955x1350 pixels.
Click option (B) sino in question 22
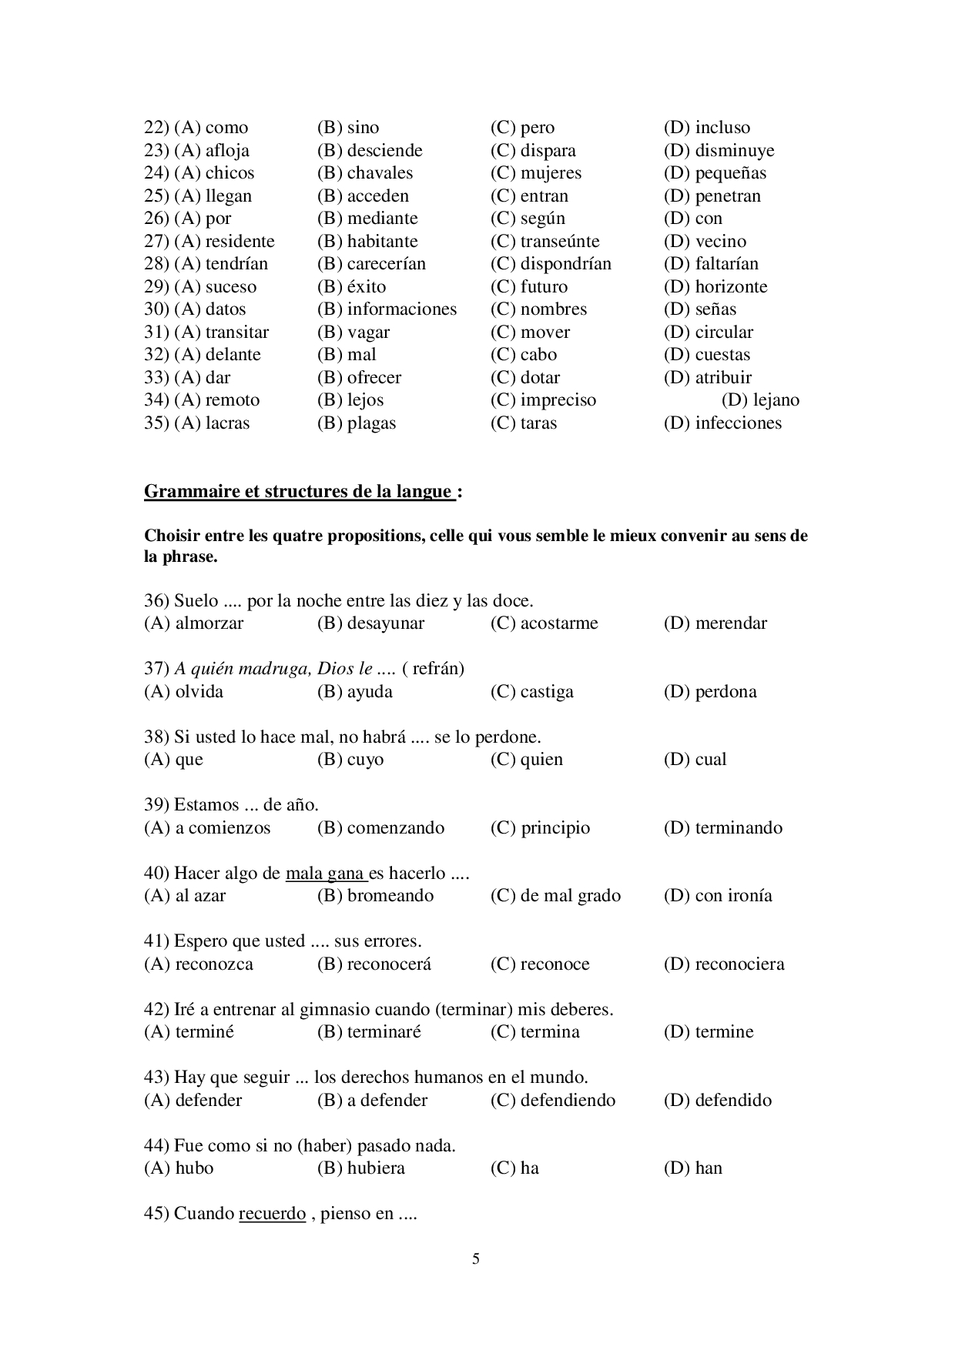pyautogui.click(x=348, y=128)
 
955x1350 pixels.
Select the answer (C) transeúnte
pyautogui.click(x=545, y=242)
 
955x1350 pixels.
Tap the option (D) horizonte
pyautogui.click(x=715, y=287)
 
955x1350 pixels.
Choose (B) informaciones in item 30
pyautogui.click(x=387, y=309)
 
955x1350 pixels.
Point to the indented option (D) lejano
pyautogui.click(x=760, y=400)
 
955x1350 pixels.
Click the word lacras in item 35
pyautogui.click(x=227, y=423)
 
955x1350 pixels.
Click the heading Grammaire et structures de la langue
pyautogui.click(x=298, y=492)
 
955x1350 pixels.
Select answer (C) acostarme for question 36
pyautogui.click(x=544, y=623)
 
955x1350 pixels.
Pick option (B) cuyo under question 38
pyautogui.click(x=350, y=760)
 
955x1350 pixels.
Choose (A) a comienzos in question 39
pyautogui.click(x=207, y=828)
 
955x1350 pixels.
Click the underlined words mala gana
pyautogui.click(x=325, y=874)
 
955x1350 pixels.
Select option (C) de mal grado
pyautogui.click(x=555, y=896)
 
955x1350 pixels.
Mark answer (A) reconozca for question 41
pyautogui.click(x=199, y=964)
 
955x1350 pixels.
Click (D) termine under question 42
pyautogui.click(x=709, y=1032)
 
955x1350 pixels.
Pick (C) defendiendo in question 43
pyautogui.click(x=553, y=1101)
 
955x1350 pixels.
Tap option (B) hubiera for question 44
pyautogui.click(x=360, y=1168)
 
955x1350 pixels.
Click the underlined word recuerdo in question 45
pyautogui.click(x=273, y=1214)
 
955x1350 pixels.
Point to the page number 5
pyautogui.click(x=476, y=1259)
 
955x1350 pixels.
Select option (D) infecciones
pyautogui.click(x=722, y=423)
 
